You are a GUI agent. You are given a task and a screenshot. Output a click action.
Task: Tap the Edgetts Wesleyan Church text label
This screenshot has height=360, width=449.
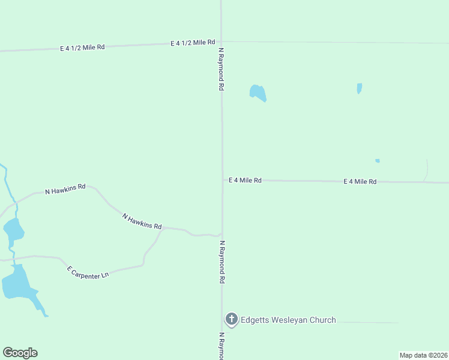point(288,320)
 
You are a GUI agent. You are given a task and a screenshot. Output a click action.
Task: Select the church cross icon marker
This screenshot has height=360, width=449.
point(232,319)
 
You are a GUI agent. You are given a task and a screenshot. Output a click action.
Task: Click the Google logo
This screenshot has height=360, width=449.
point(20,353)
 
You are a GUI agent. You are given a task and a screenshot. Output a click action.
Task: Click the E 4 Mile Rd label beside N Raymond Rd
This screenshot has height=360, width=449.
point(245,180)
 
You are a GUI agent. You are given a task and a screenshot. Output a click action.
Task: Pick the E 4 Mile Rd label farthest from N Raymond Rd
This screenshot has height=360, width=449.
point(360,181)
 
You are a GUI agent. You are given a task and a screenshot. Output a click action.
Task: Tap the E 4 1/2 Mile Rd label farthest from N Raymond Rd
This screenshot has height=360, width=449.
point(82,47)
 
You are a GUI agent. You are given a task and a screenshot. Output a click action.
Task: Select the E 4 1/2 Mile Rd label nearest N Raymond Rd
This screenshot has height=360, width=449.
point(193,43)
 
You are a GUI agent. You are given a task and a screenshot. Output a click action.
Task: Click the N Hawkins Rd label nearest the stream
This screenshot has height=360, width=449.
point(65,190)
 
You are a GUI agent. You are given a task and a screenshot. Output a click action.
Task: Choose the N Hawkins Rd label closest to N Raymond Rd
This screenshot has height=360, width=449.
point(142,221)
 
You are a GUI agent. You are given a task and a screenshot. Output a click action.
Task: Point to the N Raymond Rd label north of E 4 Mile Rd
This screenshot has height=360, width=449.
point(221,69)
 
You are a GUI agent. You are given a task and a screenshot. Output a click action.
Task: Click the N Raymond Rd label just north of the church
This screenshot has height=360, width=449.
point(222,262)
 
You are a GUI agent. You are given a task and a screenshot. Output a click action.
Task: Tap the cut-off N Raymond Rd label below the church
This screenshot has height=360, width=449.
point(221,346)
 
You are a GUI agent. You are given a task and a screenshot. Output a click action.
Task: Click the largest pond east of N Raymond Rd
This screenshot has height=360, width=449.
point(258,92)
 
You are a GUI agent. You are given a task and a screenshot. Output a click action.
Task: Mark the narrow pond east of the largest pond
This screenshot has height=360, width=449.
point(360,88)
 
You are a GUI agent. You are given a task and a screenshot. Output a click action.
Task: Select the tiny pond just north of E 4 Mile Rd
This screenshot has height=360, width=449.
point(377,161)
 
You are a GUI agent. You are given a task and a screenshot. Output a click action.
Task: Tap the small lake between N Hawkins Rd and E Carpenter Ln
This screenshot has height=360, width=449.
point(13,229)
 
